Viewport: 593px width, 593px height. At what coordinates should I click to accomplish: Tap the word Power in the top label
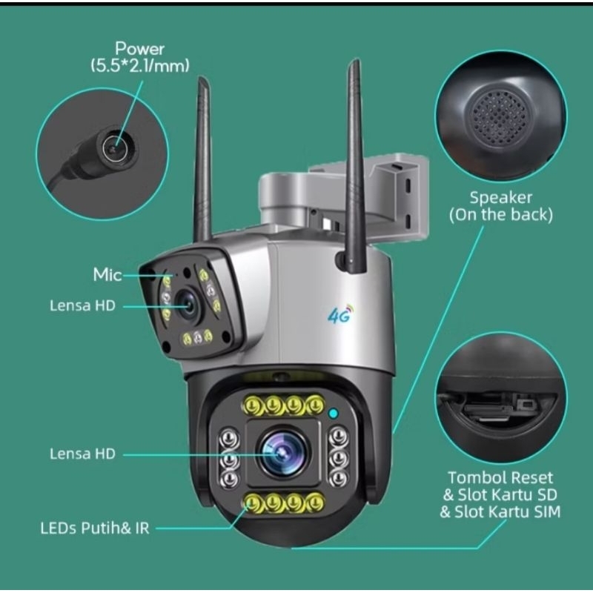[x=139, y=49]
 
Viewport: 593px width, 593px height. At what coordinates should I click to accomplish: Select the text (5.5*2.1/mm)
[x=140, y=66]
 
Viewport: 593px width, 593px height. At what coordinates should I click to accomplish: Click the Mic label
[x=107, y=274]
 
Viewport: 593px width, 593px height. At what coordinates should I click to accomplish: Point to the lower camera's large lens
[x=283, y=452]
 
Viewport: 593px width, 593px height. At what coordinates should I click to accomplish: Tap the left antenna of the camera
[x=202, y=159]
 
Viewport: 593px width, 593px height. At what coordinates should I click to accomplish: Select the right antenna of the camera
[x=355, y=166]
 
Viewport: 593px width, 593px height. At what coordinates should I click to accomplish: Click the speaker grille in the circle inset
[x=500, y=118]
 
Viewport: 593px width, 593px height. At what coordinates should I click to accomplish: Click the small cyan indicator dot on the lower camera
[x=333, y=414]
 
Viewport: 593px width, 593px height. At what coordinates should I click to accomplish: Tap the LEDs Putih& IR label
[x=95, y=529]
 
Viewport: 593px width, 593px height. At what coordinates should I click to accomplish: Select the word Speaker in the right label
[x=501, y=197]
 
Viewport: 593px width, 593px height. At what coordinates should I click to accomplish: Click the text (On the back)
[x=501, y=215]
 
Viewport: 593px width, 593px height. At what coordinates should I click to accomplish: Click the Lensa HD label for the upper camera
[x=82, y=305]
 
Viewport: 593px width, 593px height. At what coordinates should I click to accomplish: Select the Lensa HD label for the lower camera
[x=82, y=454]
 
